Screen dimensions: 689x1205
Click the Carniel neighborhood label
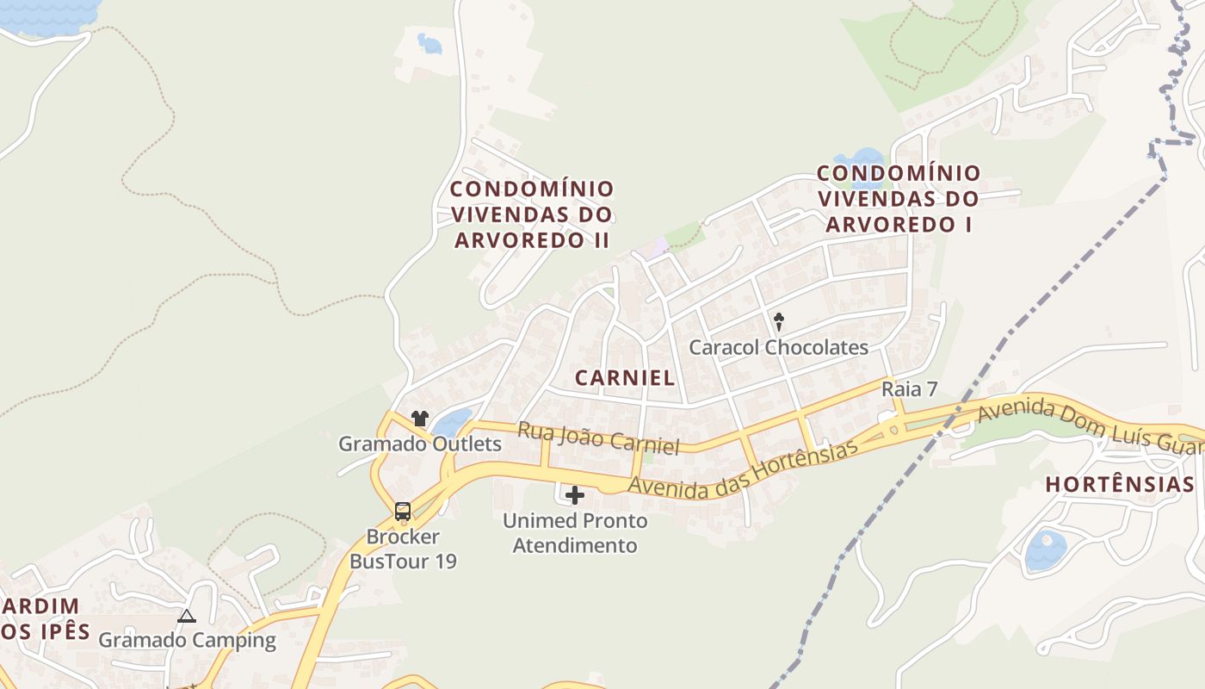click(x=624, y=377)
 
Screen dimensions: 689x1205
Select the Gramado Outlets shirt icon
click(x=419, y=419)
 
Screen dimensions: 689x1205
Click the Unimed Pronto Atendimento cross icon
click(x=574, y=495)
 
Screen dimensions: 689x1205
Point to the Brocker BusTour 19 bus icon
click(x=402, y=511)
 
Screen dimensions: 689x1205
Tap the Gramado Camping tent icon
click(x=186, y=616)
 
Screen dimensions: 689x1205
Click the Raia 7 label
click(x=909, y=389)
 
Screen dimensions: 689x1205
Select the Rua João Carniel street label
click(x=598, y=438)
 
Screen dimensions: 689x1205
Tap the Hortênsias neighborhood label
click(x=1119, y=485)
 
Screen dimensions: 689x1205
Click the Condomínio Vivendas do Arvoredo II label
click(x=533, y=214)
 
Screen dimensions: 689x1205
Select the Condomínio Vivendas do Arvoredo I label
click(x=898, y=199)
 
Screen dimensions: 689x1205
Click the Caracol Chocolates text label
click(x=778, y=348)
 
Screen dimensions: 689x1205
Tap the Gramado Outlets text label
click(x=419, y=444)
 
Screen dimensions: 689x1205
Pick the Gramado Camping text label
click(x=187, y=640)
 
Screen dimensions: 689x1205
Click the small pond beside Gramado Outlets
click(x=451, y=423)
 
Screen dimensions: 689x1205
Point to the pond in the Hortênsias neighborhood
click(x=1045, y=551)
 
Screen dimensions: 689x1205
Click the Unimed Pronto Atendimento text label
click(x=574, y=533)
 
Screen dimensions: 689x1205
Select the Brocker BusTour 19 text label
click(x=402, y=549)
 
